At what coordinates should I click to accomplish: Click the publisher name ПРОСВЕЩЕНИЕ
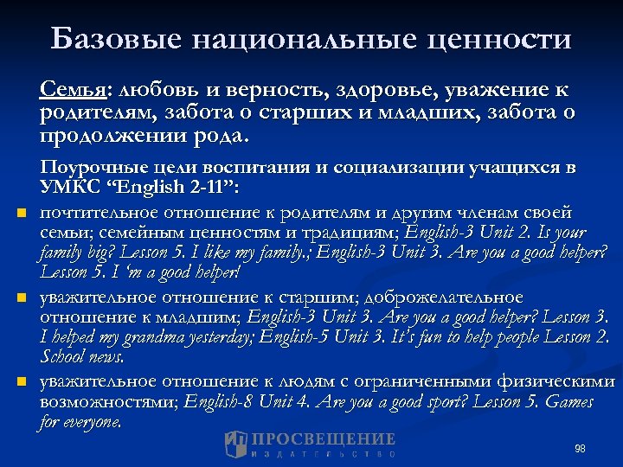tap(322, 439)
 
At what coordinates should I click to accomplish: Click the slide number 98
tap(580, 448)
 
